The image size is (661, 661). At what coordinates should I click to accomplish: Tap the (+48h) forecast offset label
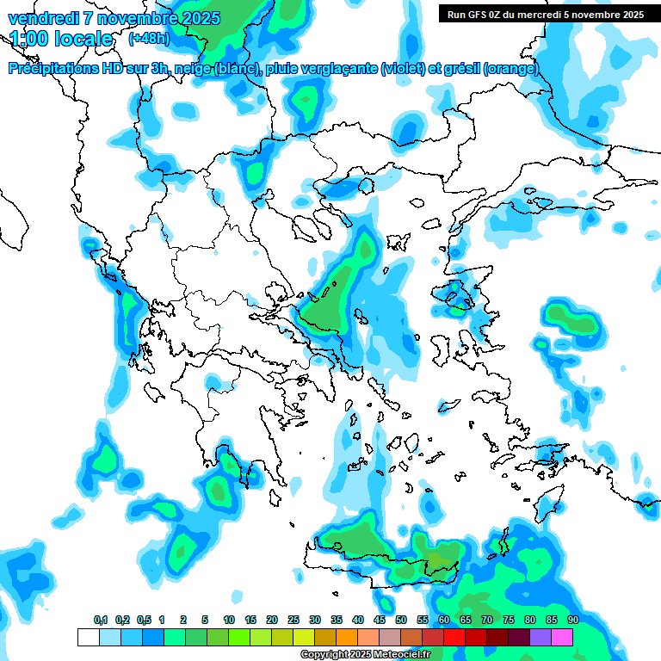[x=148, y=39]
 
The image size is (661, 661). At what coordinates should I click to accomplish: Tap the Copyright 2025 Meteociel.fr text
[x=365, y=655]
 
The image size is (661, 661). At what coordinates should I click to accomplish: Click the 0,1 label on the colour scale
[x=101, y=621]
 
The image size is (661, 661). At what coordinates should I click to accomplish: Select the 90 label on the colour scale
[x=573, y=621]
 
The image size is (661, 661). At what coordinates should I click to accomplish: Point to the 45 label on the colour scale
[x=380, y=621]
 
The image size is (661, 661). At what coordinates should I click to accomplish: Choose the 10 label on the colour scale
[x=229, y=621]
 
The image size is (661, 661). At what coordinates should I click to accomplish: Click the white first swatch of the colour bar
[x=88, y=637]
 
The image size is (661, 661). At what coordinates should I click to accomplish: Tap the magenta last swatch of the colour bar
[x=562, y=637]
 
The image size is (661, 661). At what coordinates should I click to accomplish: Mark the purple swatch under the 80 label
[x=541, y=637]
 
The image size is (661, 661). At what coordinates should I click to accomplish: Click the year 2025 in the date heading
[x=200, y=18]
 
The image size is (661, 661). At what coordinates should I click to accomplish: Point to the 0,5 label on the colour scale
[x=144, y=621]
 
